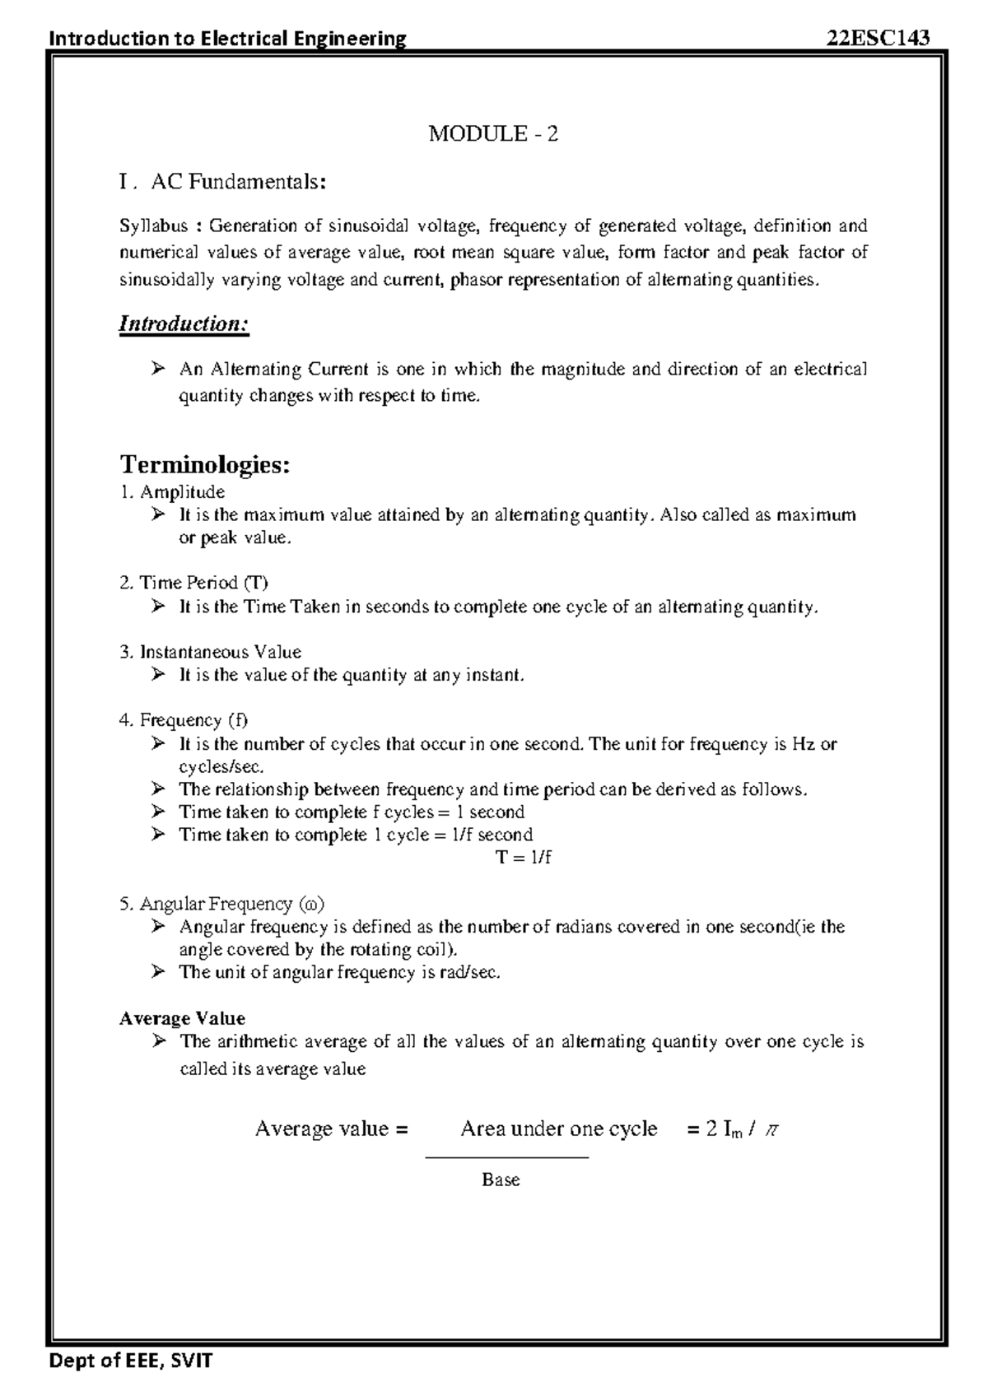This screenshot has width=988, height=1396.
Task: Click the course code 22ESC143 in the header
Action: (878, 38)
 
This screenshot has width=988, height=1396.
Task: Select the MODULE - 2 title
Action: (493, 133)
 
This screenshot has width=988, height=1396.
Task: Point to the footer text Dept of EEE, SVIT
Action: (131, 1360)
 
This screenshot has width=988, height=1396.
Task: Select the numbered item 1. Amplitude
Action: (172, 491)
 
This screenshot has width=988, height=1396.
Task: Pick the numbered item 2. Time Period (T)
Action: (193, 583)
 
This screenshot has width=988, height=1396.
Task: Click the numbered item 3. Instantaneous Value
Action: (210, 652)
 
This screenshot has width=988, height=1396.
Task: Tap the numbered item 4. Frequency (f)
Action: (183, 720)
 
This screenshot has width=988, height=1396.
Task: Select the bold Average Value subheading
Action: (182, 1018)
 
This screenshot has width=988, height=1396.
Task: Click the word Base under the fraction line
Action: (501, 1180)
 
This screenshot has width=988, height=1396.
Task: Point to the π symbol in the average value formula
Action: (771, 1129)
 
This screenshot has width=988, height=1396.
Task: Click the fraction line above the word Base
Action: (506, 1157)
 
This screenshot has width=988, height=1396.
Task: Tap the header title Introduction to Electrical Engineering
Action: (228, 38)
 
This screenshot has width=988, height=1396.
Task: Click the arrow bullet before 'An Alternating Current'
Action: (158, 369)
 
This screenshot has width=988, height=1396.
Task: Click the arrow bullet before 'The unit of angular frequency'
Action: (158, 972)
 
